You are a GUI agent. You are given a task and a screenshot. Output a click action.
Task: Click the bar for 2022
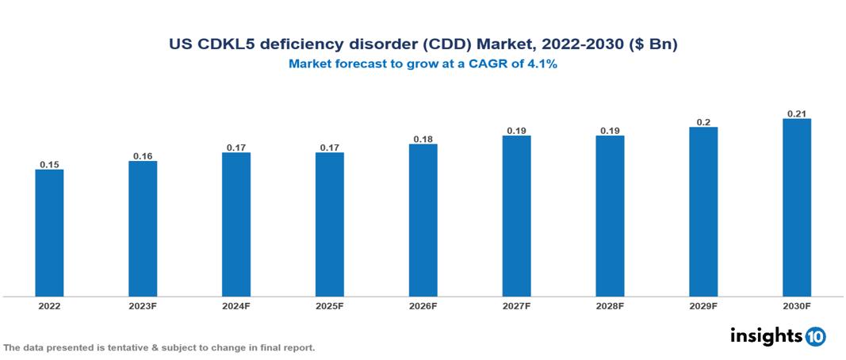point(49,233)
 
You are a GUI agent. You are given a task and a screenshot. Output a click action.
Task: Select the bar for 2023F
point(143,229)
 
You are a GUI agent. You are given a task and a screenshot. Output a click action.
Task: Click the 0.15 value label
point(49,164)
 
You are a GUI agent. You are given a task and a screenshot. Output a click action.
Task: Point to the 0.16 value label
point(143,156)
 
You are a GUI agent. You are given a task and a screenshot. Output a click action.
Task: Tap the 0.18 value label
point(423,139)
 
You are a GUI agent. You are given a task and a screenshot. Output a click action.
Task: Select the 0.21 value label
point(797,113)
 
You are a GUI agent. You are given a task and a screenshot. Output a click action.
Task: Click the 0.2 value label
point(703,122)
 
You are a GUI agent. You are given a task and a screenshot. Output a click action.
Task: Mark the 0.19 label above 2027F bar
point(517,130)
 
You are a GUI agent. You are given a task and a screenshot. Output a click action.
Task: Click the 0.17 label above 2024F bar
point(236,147)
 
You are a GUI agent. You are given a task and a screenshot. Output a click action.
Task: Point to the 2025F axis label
point(330,305)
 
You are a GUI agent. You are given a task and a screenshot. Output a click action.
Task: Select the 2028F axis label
point(610,305)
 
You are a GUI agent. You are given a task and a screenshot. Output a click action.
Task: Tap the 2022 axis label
point(49,305)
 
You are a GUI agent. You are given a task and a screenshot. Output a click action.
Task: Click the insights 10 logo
point(778,336)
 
